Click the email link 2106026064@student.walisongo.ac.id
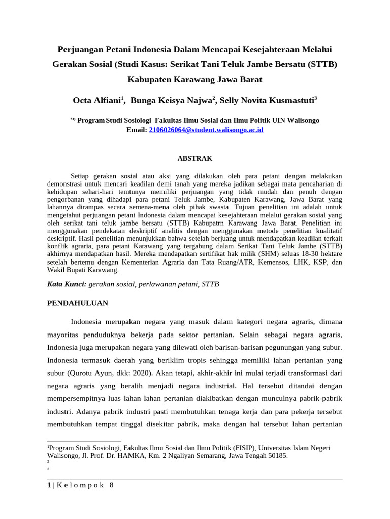click(206, 130)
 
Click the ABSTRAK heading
click(194, 159)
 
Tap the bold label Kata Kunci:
click(67, 285)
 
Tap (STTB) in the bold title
click(323, 65)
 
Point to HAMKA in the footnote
click(134, 456)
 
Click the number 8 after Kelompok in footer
click(111, 485)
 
